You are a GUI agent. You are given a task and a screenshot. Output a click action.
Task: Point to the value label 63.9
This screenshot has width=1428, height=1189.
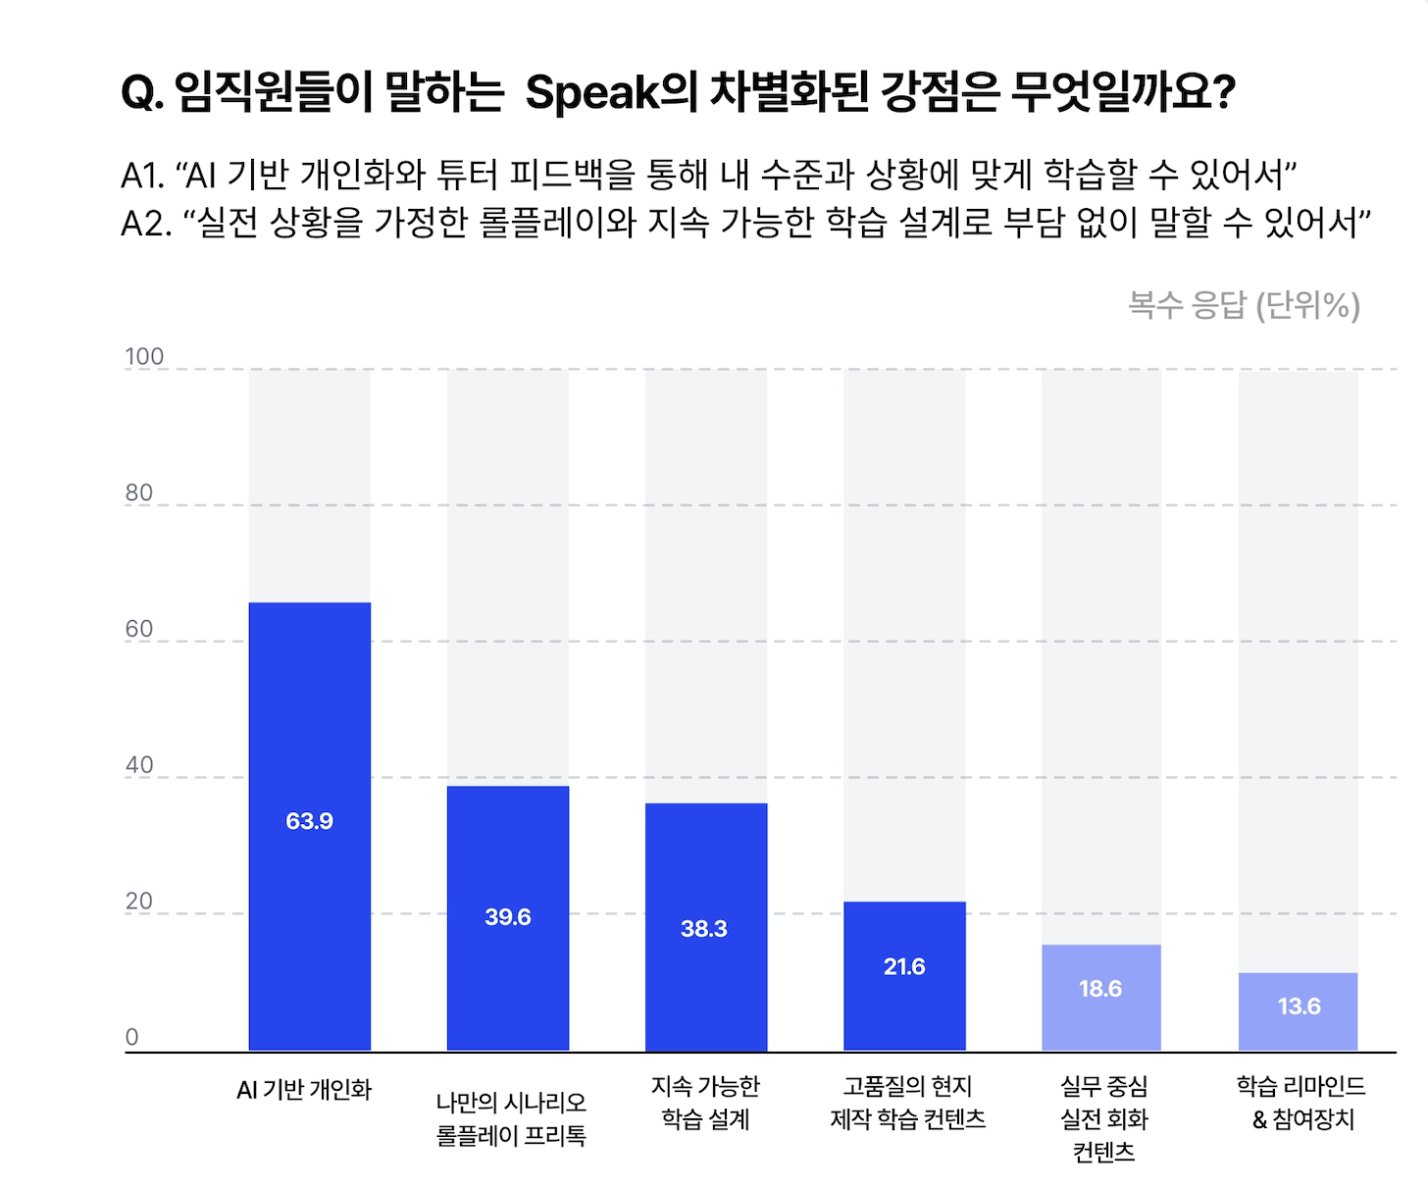coord(310,821)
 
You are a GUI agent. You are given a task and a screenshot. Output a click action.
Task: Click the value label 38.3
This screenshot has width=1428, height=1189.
coord(704,929)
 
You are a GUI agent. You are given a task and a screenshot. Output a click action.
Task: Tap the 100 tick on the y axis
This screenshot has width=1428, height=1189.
coord(144,357)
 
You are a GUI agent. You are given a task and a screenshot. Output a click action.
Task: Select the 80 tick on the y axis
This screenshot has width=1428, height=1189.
coord(139,492)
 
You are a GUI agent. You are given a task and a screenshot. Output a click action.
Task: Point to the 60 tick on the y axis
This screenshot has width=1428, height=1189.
coord(139,629)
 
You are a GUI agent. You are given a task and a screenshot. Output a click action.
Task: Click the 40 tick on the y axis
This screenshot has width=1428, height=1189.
coord(139,765)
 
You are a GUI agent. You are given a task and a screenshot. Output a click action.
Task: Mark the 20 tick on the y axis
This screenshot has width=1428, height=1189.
coord(139,902)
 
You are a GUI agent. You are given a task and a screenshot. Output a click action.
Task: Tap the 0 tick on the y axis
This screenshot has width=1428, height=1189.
coord(132,1037)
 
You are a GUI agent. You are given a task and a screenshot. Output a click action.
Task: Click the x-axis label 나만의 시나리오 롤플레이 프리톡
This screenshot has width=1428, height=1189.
coord(511,1119)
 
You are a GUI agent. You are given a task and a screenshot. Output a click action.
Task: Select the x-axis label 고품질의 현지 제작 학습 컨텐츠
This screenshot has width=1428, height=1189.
coord(907,1103)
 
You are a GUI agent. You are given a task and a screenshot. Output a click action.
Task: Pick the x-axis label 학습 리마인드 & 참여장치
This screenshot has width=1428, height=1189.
coord(1301,1103)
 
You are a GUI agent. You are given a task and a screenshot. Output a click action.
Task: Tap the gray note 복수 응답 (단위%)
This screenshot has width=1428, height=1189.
coord(1244,305)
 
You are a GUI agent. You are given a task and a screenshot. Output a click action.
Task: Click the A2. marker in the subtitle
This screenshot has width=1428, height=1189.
coord(146,224)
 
